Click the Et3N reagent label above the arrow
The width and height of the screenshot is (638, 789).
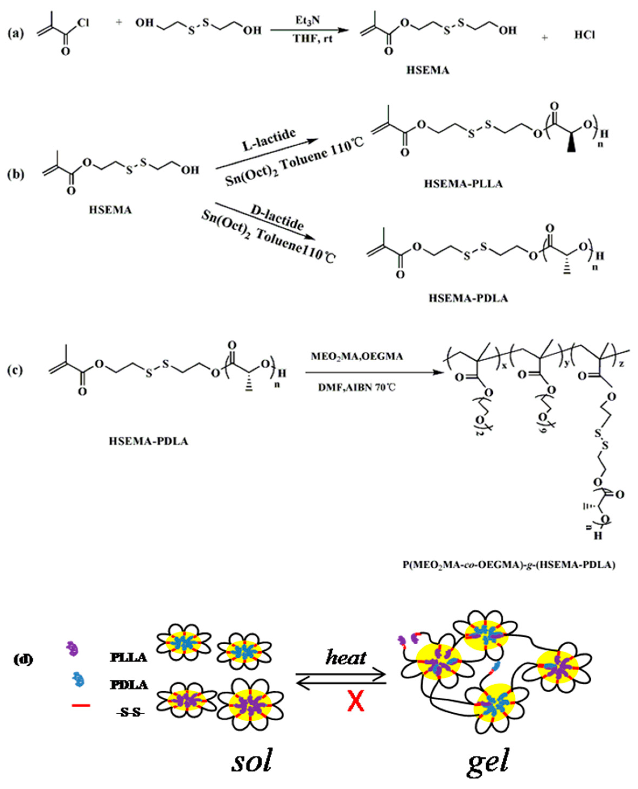tap(308, 20)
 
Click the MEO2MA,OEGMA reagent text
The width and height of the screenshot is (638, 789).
tap(356, 356)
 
